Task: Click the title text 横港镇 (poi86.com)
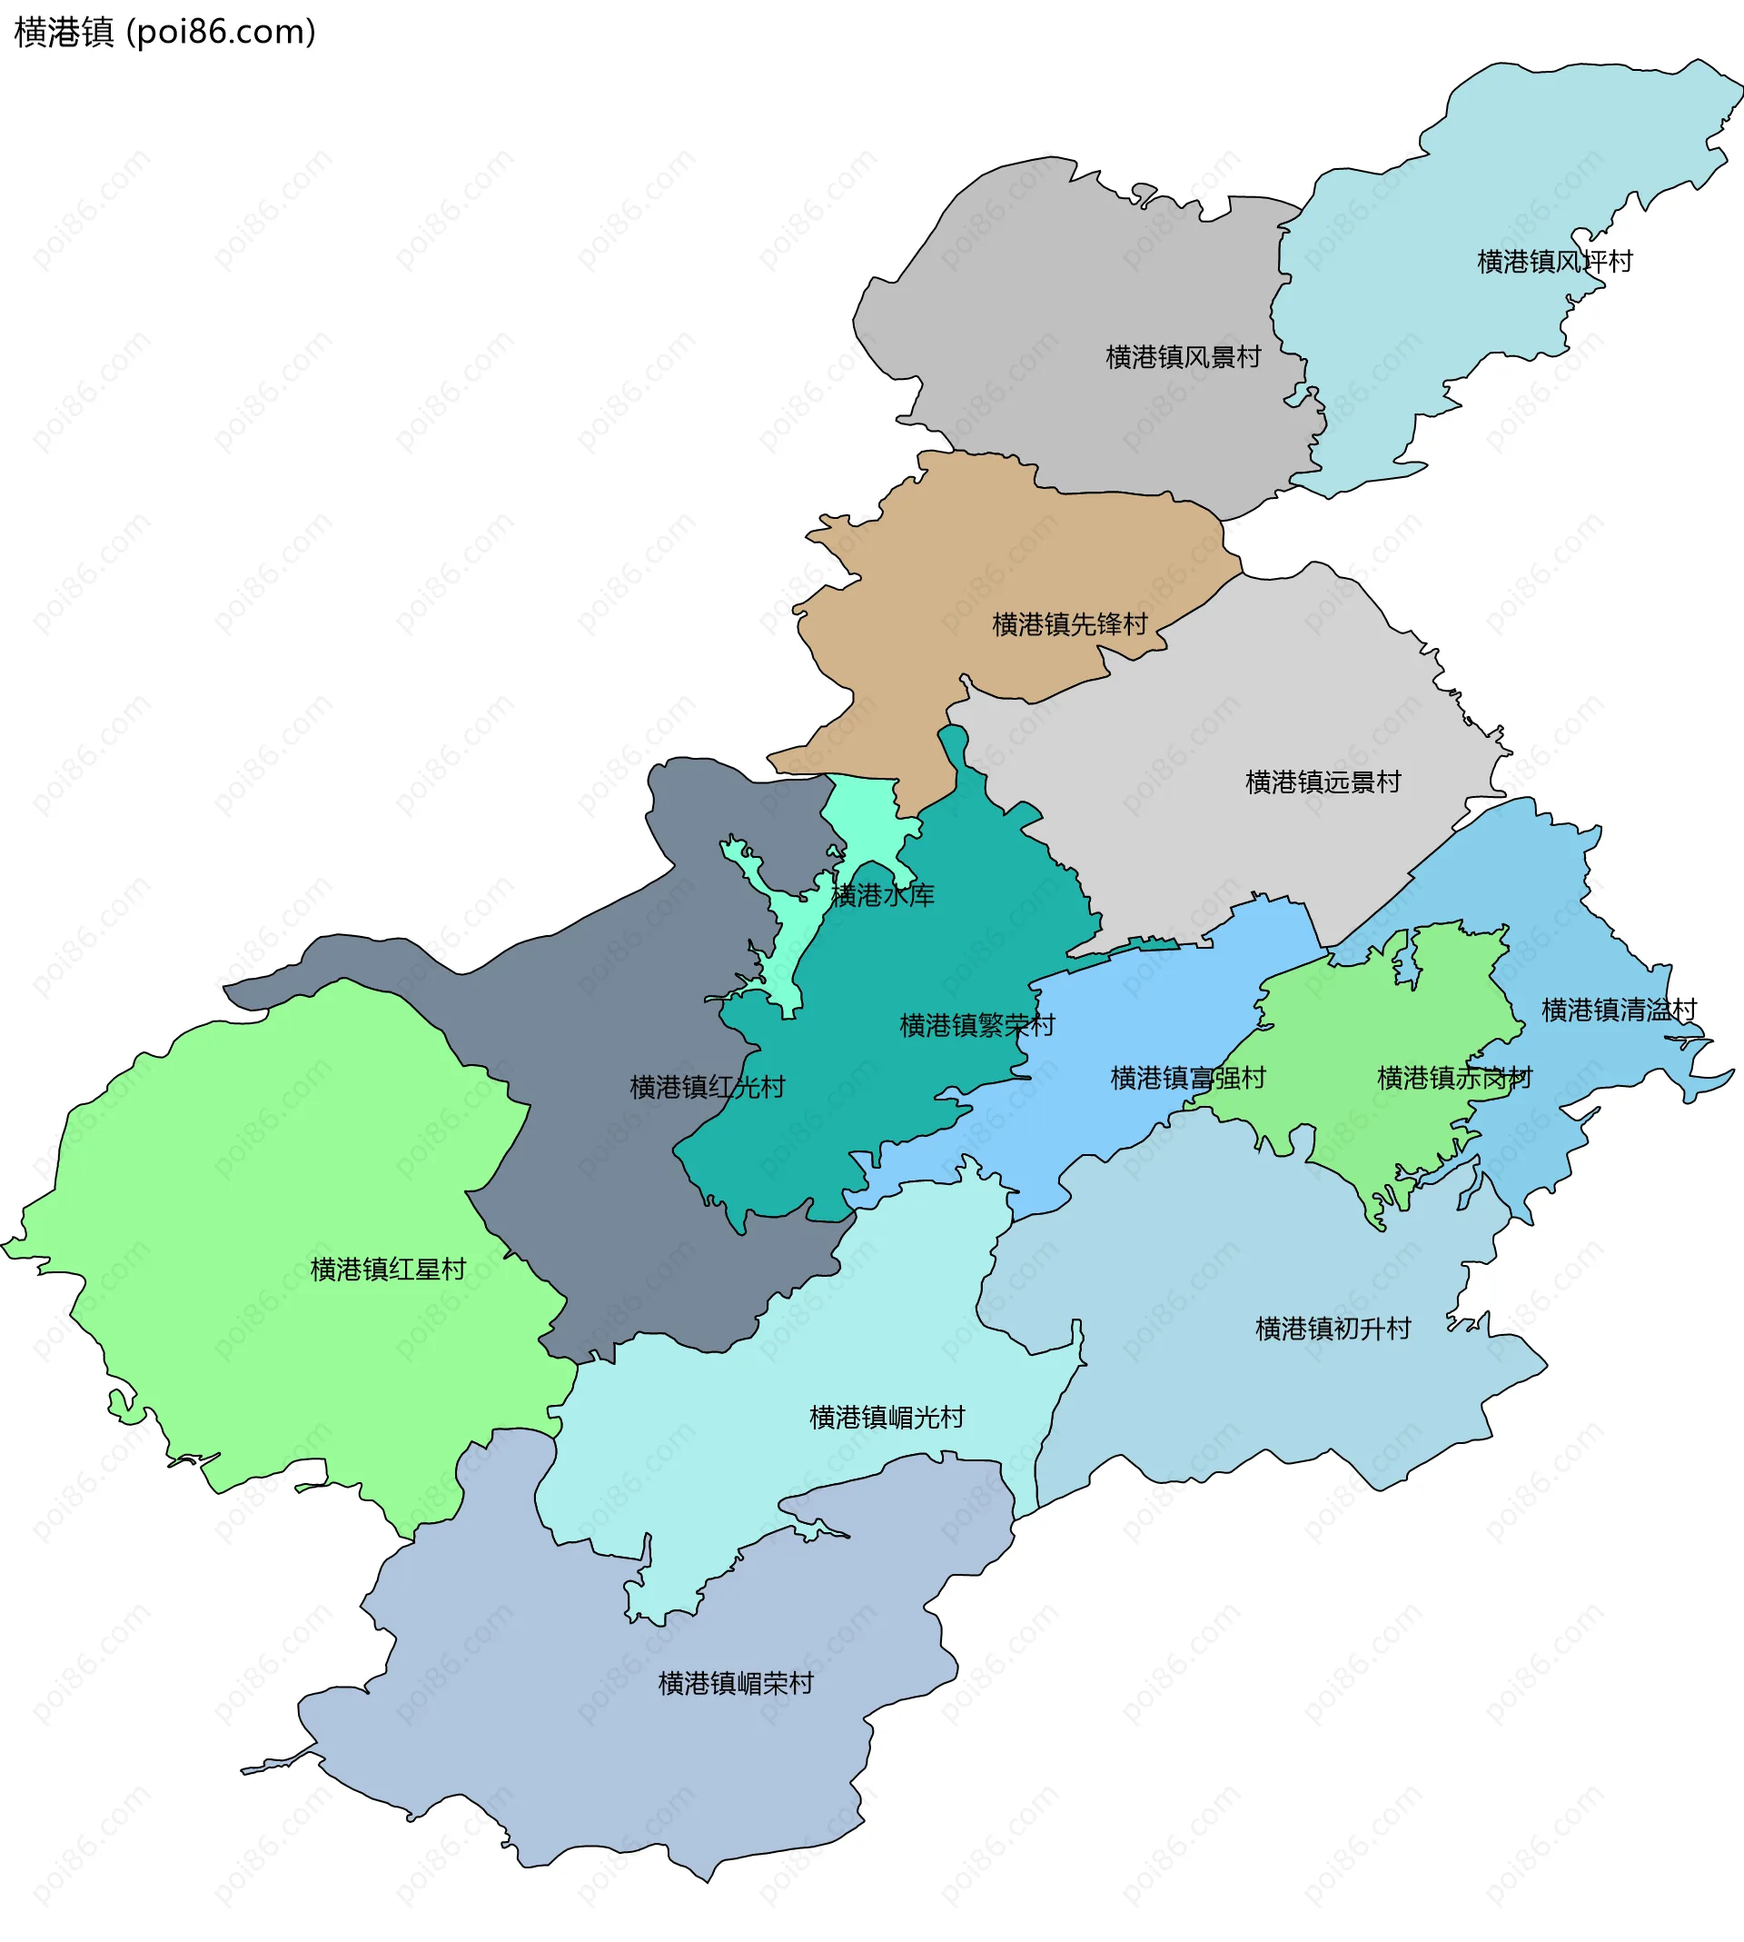163,33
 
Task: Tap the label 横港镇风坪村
1554,262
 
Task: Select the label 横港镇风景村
1183,357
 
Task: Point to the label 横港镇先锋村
1069,625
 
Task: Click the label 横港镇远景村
1323,782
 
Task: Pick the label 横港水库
882,895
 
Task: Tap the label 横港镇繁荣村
976,1026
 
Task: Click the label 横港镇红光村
708,1087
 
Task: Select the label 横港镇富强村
1187,1079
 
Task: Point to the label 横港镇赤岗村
1453,1079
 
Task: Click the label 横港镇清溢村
1619,1010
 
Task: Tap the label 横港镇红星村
388,1270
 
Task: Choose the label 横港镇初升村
1333,1329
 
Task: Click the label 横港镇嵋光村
887,1418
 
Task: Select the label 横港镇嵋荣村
735,1683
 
